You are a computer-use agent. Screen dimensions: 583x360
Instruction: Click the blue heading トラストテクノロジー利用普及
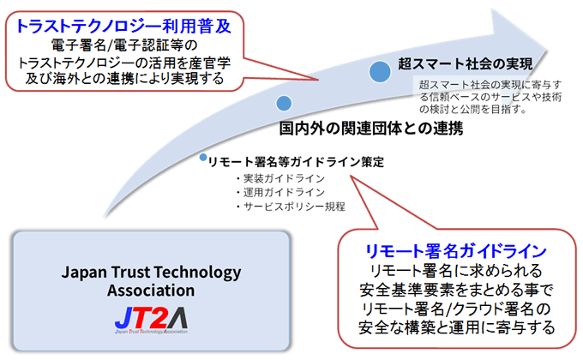pyautogui.click(x=123, y=26)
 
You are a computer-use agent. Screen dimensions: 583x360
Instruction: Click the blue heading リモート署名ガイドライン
pyautogui.click(x=456, y=251)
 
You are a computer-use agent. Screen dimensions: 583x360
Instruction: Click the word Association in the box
pyautogui.click(x=151, y=291)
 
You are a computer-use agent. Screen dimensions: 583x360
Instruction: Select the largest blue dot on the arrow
pyautogui.click(x=380, y=71)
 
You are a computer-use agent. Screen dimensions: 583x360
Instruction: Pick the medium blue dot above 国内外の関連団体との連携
pyautogui.click(x=284, y=103)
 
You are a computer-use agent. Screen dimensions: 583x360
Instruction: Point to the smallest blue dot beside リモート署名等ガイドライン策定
pyautogui.click(x=203, y=158)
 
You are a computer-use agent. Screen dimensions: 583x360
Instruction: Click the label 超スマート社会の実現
pyautogui.click(x=466, y=64)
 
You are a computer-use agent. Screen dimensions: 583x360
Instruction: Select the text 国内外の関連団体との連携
pyautogui.click(x=371, y=129)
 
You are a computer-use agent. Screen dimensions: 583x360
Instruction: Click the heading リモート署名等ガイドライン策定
pyautogui.click(x=296, y=162)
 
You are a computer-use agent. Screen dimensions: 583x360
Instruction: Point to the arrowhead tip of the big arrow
pyautogui.click(x=548, y=50)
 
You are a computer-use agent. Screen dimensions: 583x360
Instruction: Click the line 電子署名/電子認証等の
pyautogui.click(x=124, y=45)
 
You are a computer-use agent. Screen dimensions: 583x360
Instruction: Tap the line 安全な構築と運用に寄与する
pyautogui.click(x=457, y=327)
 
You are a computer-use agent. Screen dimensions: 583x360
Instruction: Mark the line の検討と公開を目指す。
pyautogui.click(x=473, y=110)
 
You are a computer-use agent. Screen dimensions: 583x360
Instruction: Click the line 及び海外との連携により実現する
pyautogui.click(x=124, y=78)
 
